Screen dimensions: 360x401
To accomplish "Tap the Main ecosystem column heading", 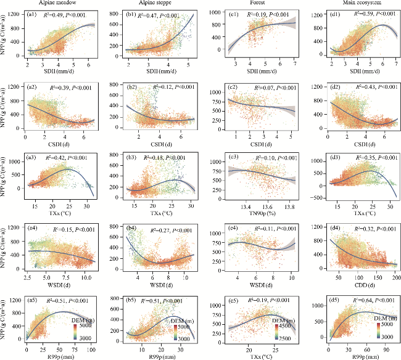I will tap(352, 4).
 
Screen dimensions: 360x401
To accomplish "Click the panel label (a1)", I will tap(31, 13).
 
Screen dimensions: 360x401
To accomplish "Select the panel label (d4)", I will tap(332, 231).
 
